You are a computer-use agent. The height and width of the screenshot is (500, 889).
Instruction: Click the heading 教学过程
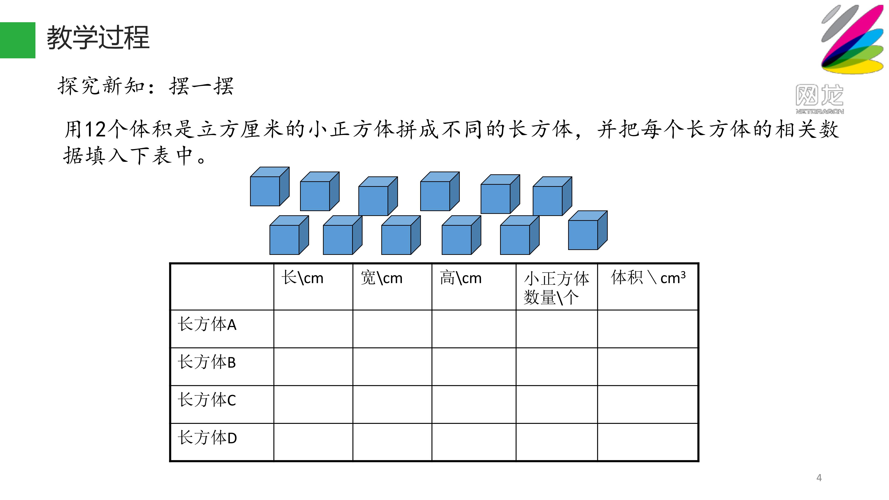click(98, 37)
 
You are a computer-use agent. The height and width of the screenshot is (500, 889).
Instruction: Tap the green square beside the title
click(18, 40)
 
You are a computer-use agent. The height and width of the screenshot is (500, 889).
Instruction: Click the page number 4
click(819, 478)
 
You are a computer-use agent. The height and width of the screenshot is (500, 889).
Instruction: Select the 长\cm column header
click(303, 278)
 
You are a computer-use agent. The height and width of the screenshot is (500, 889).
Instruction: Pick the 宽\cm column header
click(382, 278)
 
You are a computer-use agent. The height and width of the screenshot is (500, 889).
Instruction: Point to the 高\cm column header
click(461, 278)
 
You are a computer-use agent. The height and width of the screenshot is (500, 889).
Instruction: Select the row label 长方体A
click(207, 324)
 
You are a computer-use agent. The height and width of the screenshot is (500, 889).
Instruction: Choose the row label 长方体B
click(207, 362)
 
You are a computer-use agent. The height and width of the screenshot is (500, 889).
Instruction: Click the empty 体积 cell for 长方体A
click(648, 329)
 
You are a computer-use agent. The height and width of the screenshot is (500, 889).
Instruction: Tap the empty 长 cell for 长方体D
click(313, 442)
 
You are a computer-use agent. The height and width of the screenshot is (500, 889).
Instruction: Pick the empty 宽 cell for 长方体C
click(392, 404)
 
